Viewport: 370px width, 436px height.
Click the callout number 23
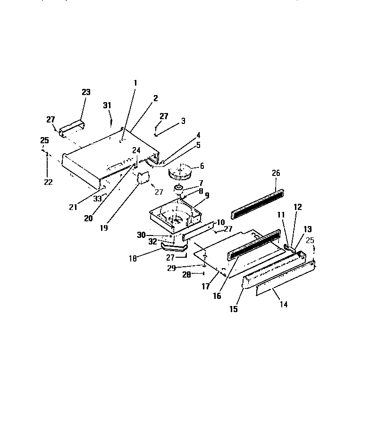86,92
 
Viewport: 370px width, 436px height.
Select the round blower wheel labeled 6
180,172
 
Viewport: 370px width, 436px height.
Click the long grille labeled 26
258,204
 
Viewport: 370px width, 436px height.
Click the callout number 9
206,195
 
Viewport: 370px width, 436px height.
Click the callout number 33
97,199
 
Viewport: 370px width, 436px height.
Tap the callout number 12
297,207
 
